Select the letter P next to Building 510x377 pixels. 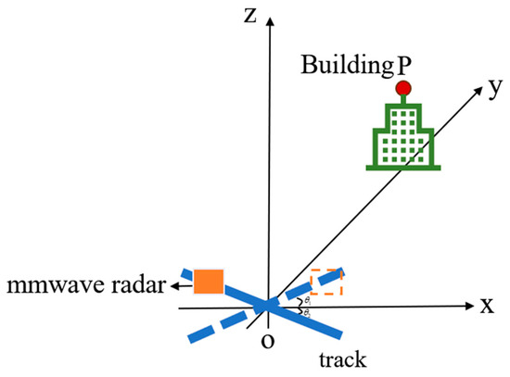pos(402,68)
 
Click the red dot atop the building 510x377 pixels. pos(402,88)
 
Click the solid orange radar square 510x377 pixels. pos(209,281)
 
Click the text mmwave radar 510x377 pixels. pos(85,287)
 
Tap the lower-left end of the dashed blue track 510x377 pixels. pos(191,335)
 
